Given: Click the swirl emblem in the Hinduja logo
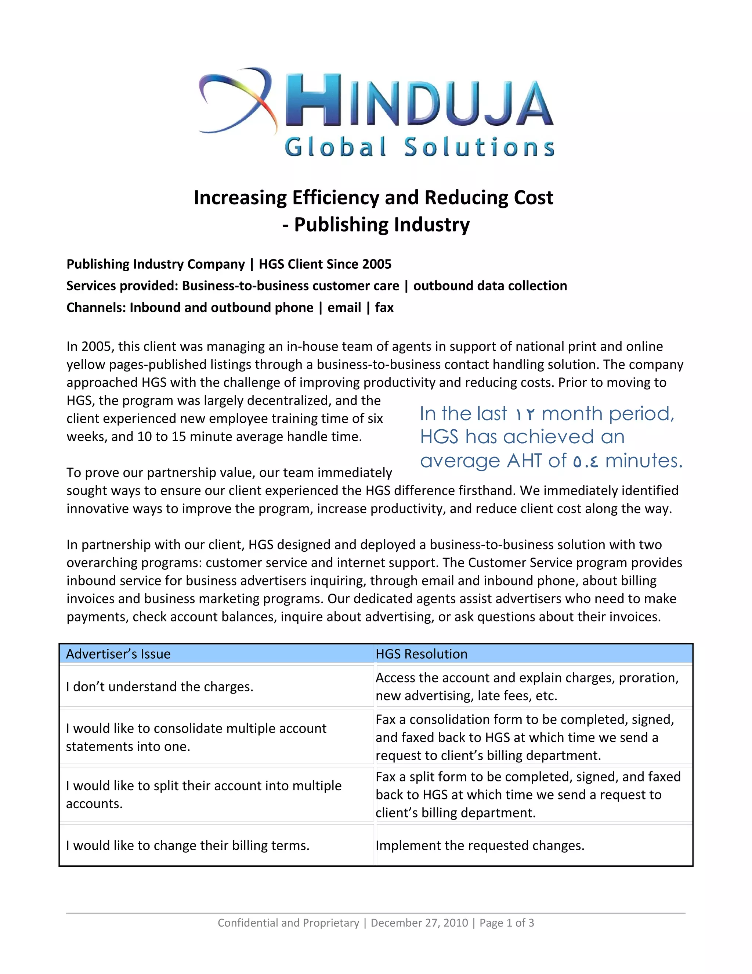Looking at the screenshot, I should tap(236, 100).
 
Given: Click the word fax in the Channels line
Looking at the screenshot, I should tap(384, 308).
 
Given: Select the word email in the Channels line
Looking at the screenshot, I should tap(344, 308).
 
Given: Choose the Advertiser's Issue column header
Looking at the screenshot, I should tap(118, 654).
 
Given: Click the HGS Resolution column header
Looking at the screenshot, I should tap(422, 654).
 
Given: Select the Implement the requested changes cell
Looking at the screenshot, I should tap(480, 846).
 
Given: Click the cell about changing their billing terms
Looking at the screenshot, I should tap(188, 846).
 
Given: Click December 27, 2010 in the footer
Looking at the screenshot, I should tap(419, 923).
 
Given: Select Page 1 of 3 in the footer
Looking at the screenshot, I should tap(506, 923).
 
